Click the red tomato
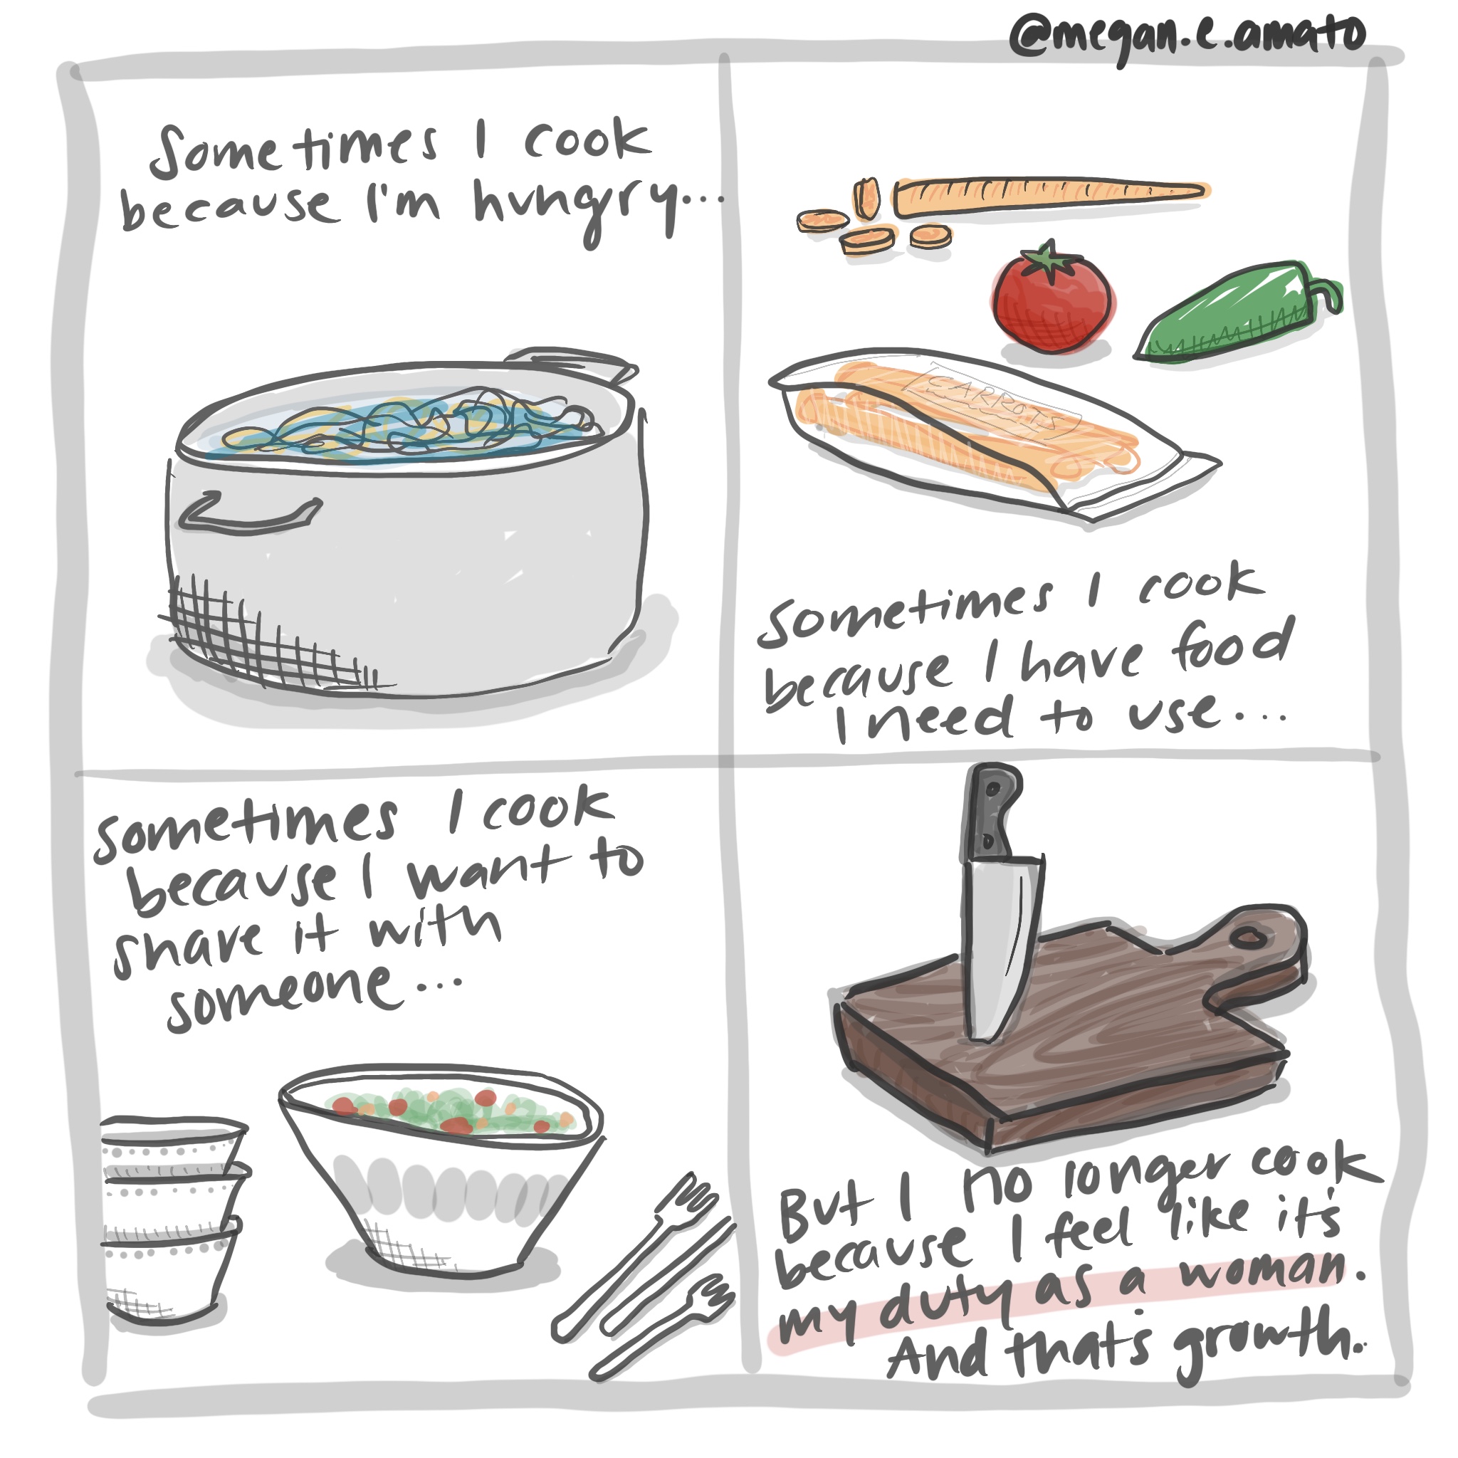[1051, 298]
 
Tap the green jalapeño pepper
[1237, 312]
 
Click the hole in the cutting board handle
[1248, 938]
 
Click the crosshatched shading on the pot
[264, 634]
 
